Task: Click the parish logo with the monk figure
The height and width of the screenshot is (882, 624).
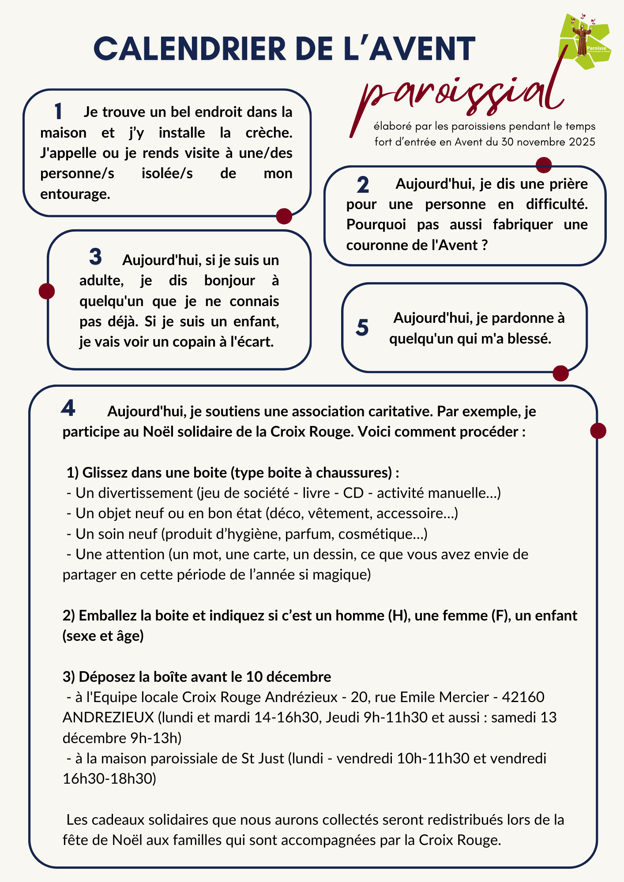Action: [585, 41]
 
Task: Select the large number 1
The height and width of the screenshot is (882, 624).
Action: [58, 112]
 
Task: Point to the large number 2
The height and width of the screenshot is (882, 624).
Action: [363, 184]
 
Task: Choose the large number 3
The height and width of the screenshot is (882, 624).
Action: [95, 257]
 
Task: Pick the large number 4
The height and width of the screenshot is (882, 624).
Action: [68, 408]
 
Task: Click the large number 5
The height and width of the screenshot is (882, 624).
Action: [362, 328]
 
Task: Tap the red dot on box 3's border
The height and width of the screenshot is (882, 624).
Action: [47, 291]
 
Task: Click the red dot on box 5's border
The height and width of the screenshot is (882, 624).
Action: [560, 373]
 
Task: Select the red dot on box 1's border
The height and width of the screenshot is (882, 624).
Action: [284, 216]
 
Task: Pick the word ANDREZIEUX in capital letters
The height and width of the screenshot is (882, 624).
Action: [108, 718]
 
